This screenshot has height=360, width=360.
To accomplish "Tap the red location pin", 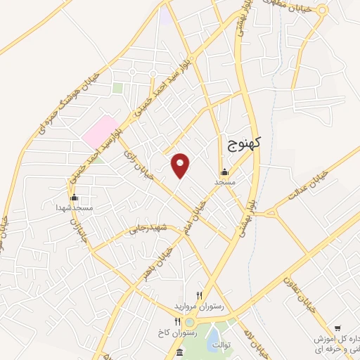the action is click(x=181, y=165).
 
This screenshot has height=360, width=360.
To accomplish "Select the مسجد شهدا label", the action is click(x=75, y=208).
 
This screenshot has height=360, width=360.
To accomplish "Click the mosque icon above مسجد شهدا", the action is click(x=74, y=198).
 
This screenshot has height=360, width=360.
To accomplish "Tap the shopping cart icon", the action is click(x=337, y=328).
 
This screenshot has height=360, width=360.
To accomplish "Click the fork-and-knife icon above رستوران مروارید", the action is click(x=199, y=296).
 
